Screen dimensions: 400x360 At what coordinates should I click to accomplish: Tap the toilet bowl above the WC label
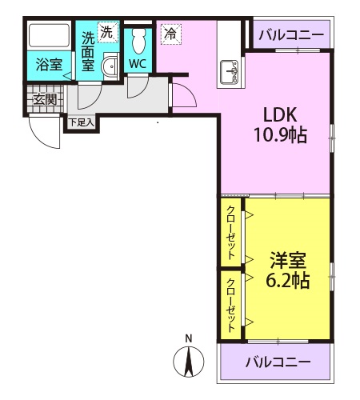(x=137, y=38)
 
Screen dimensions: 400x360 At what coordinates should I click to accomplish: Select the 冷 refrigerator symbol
(x=170, y=34)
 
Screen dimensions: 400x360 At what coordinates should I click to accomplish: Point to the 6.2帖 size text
(x=288, y=282)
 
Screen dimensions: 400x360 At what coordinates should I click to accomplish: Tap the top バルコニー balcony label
(x=292, y=34)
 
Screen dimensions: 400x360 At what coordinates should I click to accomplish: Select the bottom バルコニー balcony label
(x=278, y=362)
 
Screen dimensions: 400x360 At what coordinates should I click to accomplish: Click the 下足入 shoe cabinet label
(x=80, y=122)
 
